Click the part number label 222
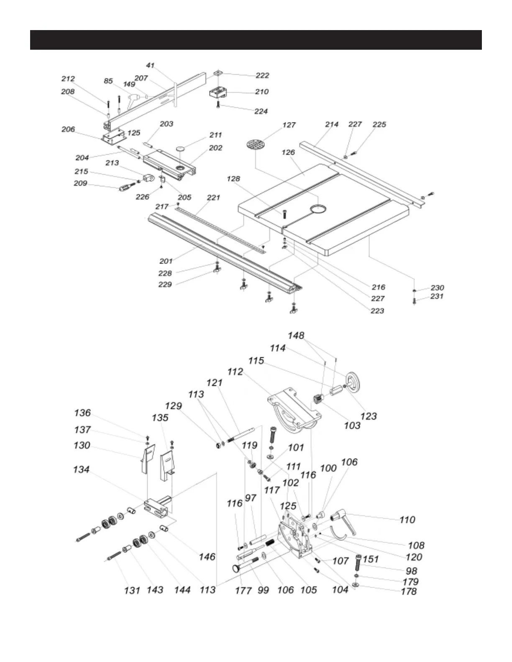tap(262, 75)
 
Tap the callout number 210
tap(261, 92)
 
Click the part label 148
tap(296, 336)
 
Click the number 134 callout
tap(81, 469)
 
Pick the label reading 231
tap(437, 296)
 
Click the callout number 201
tap(166, 261)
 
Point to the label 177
tap(243, 590)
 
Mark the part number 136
tap(82, 413)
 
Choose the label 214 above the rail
tap(332, 124)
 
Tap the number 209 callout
tap(81, 183)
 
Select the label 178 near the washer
tap(409, 591)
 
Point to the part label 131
tap(132, 590)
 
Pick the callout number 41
tap(150, 65)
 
